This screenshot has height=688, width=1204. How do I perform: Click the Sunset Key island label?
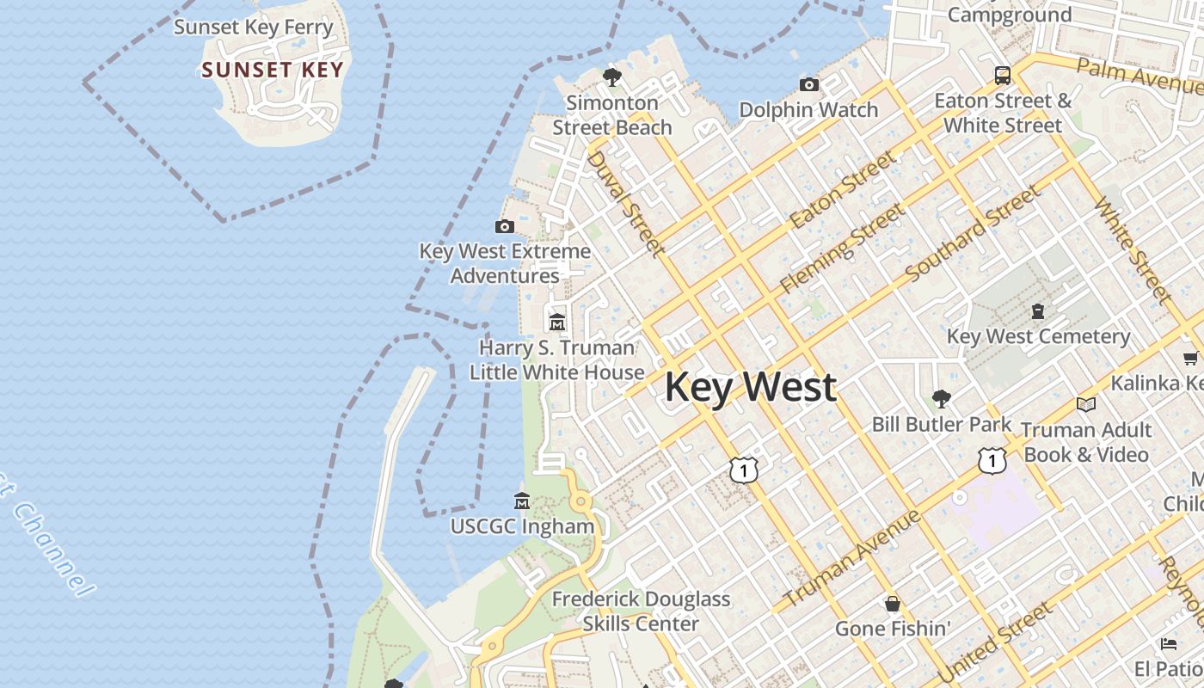tap(273, 71)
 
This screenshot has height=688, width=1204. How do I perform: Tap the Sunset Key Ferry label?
tap(254, 27)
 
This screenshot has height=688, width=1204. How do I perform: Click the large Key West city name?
tap(750, 387)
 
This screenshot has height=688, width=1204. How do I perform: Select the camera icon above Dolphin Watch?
tap(809, 84)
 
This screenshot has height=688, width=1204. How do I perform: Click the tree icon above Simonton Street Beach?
tap(612, 77)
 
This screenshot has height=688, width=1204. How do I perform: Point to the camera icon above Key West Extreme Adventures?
tap(505, 227)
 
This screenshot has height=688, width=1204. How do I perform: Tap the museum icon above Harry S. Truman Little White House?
tap(557, 322)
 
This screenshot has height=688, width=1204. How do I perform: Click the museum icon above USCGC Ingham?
tap(522, 501)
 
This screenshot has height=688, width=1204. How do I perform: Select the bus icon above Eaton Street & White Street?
tap(1003, 75)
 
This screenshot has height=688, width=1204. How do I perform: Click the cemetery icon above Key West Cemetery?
tap(1038, 311)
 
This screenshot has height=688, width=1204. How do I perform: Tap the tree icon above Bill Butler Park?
tap(942, 399)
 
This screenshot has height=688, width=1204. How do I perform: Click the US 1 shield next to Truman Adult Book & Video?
tap(992, 461)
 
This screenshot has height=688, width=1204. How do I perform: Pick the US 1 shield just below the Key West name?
tap(744, 470)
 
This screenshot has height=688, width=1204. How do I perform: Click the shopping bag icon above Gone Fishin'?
tap(893, 604)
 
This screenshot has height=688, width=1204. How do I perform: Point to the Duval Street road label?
tap(626, 205)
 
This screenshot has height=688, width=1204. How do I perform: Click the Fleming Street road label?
tap(842, 249)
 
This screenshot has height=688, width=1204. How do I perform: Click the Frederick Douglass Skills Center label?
tap(641, 611)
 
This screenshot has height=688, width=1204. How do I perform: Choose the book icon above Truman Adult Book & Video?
tap(1086, 404)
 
